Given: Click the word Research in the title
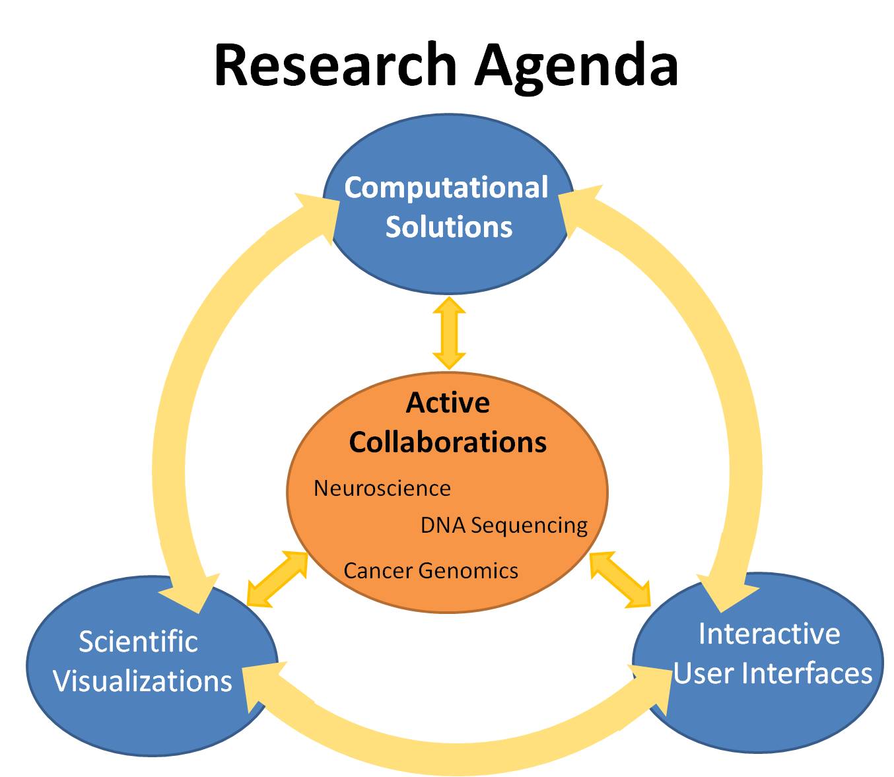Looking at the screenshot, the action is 335,65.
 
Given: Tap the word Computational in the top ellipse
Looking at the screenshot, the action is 446,188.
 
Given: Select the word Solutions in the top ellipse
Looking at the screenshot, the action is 449,227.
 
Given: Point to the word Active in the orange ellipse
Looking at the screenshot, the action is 448,402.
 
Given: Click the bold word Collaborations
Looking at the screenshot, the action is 448,442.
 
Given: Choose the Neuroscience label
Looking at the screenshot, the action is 382,489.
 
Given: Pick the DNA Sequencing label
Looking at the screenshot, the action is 504,526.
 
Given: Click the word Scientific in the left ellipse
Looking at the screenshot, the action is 138,642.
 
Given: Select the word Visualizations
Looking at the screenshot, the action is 143,681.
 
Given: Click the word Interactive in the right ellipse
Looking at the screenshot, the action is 769,634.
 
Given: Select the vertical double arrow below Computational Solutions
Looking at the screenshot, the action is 449,333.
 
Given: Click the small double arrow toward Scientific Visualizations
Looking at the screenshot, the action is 277,579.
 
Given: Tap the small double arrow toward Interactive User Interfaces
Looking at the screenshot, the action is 619,580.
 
